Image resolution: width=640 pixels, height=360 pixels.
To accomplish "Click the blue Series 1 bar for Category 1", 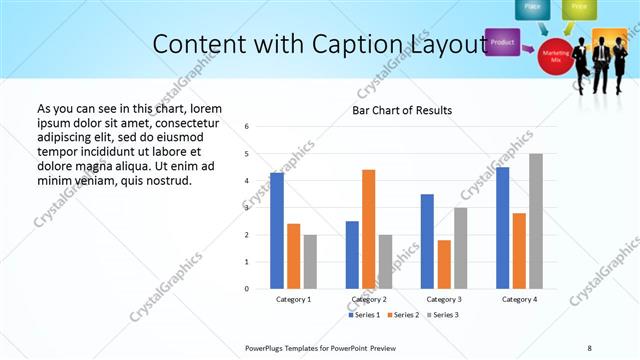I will tap(277, 231).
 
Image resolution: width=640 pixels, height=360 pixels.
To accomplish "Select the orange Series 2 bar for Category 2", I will tap(369, 229).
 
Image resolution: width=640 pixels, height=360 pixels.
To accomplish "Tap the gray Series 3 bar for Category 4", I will tap(536, 221).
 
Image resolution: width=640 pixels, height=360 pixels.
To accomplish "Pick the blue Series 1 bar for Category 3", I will tap(428, 241).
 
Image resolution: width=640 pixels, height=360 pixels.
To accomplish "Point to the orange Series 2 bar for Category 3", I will tap(444, 264).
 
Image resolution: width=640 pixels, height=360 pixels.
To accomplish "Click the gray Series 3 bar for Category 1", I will tap(310, 262).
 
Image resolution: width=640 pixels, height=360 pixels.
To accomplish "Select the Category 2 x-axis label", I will tap(369, 299).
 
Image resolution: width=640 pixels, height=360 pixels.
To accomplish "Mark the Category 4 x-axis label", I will tap(519, 299).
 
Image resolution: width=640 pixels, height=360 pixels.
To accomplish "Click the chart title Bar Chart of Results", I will tap(402, 110).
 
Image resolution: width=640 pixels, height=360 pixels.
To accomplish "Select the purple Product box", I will tap(503, 43).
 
